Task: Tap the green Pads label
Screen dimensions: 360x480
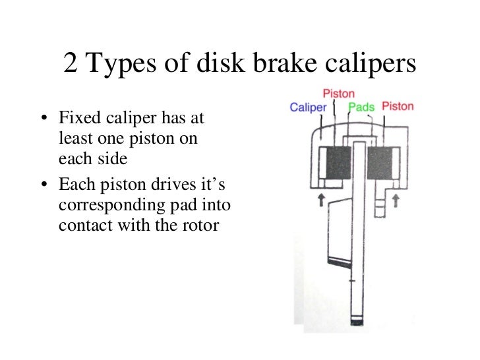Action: point(361,107)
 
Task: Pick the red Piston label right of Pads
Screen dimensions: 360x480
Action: point(398,106)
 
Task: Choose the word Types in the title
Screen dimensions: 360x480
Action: point(128,63)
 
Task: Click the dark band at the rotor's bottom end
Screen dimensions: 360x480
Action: point(357,322)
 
